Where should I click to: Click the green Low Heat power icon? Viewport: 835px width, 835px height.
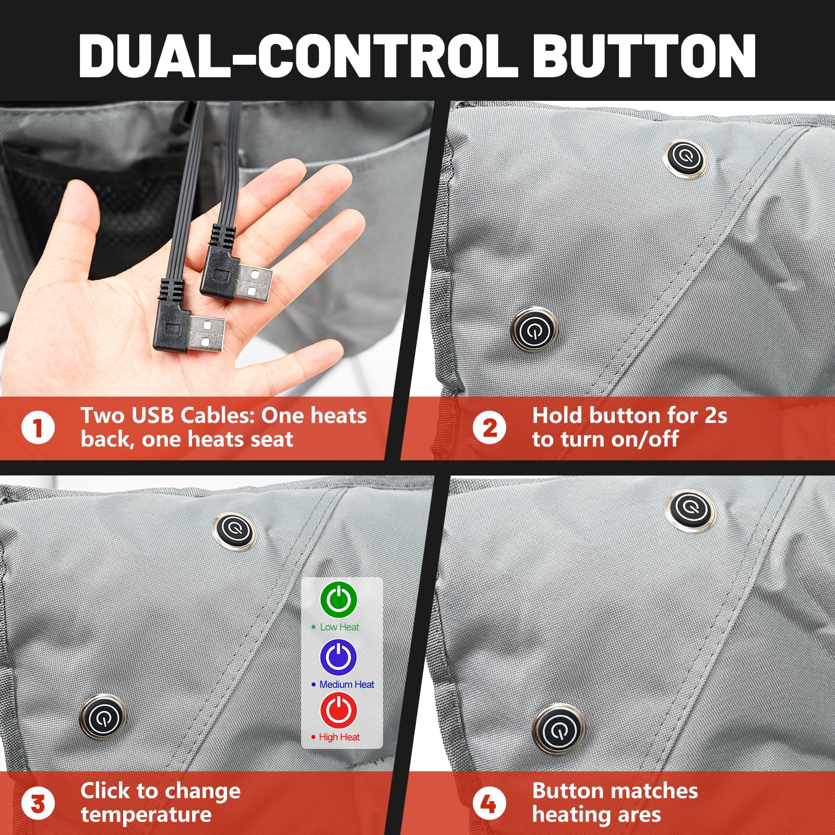point(339,599)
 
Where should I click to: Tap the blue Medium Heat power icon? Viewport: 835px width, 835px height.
point(339,656)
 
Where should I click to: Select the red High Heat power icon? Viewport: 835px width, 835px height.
point(339,709)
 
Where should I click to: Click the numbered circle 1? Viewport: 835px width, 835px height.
point(38,428)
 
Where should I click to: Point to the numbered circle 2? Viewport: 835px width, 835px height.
point(490,428)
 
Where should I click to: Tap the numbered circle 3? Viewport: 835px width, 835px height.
point(38,804)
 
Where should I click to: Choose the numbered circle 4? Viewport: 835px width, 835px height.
point(490,804)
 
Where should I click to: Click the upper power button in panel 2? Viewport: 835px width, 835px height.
point(684,158)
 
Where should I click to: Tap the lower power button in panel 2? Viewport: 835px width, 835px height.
point(534,329)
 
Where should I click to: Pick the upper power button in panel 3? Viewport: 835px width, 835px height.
point(235,531)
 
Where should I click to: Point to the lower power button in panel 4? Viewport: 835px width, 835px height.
point(558,729)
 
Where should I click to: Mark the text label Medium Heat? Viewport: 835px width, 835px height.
point(347,684)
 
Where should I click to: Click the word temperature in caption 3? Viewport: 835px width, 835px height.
point(146,815)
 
